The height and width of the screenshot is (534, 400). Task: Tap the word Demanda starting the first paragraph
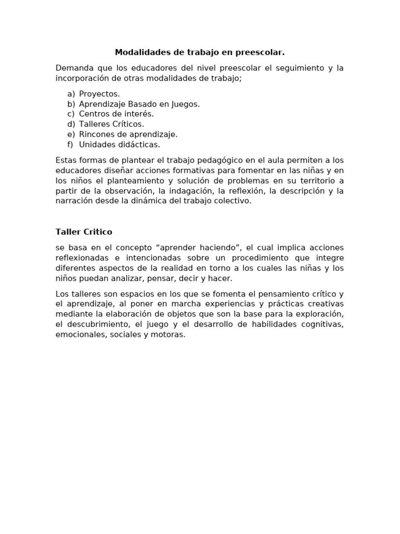point(73,68)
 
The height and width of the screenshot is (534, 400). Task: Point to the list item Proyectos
point(99,94)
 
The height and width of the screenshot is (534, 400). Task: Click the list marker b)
point(71,104)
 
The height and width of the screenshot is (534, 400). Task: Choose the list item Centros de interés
point(116,114)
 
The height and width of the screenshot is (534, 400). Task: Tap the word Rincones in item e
point(97,134)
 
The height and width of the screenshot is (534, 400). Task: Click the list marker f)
point(71,144)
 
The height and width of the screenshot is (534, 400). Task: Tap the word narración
point(73,200)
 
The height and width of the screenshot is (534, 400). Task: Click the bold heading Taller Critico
point(84,232)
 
